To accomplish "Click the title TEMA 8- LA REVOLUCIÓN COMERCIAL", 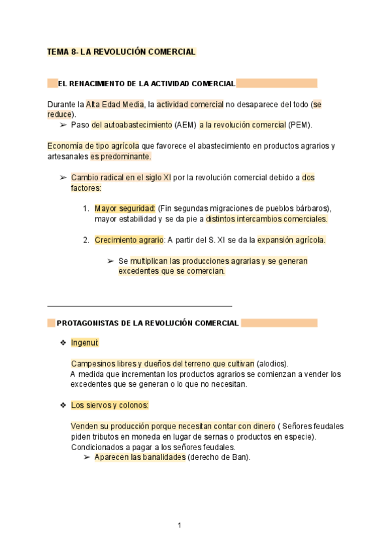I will tap(122, 52).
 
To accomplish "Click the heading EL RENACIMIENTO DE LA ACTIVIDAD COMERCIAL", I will tap(146, 84).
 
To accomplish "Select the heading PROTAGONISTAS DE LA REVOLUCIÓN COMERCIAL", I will tap(148, 323).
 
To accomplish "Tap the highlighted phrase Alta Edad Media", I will tap(114, 104).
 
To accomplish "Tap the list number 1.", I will tap(86, 208).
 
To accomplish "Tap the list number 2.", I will tap(86, 240).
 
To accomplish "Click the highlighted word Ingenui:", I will tap(84, 342).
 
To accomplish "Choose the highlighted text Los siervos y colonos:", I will tap(110, 406).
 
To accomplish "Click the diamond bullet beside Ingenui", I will tap(63, 342).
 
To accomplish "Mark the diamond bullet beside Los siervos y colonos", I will tap(63, 406).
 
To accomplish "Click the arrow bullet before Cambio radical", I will tap(63, 177).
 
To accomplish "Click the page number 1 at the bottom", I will tap(180, 525).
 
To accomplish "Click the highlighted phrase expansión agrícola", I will tap(291, 240).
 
